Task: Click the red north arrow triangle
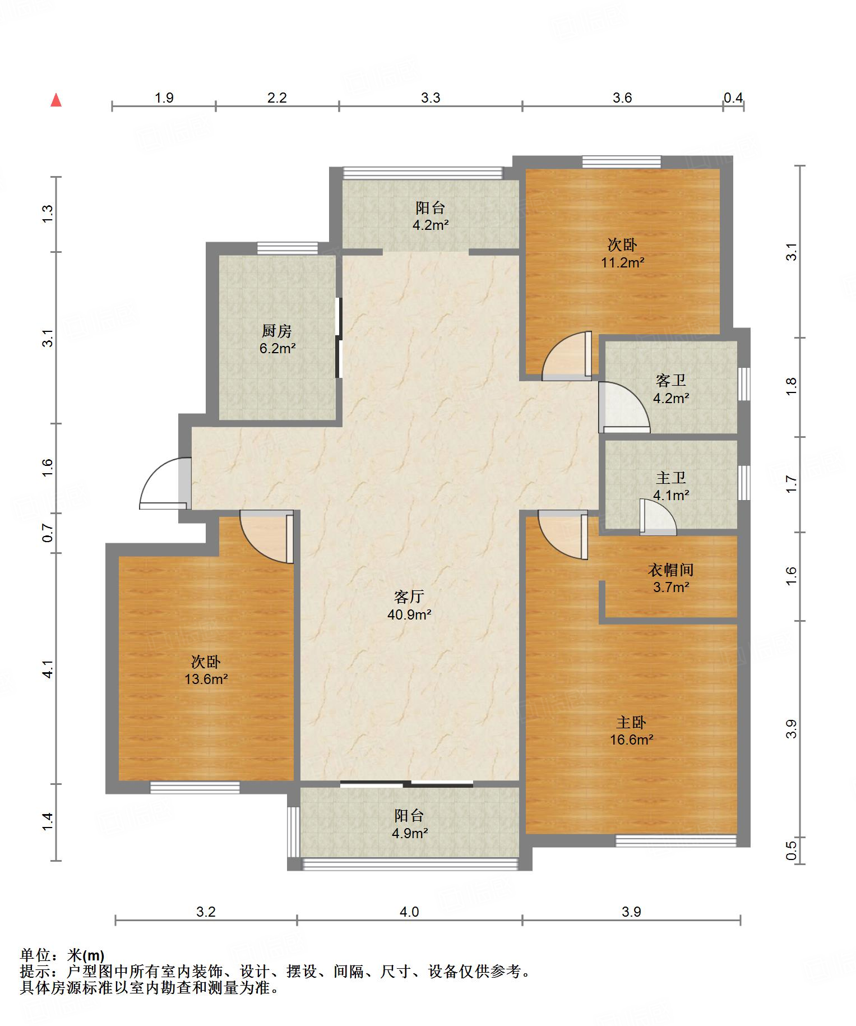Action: (x=56, y=100)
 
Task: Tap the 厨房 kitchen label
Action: (x=277, y=331)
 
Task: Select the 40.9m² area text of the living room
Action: (x=409, y=614)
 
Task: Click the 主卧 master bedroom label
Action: (x=631, y=722)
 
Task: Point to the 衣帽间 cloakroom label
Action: (x=671, y=570)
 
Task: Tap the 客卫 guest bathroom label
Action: (x=671, y=381)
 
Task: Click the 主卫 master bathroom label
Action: (x=671, y=478)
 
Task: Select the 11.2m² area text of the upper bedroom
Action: (x=623, y=262)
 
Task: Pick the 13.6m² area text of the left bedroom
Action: (x=206, y=679)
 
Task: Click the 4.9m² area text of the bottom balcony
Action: (x=410, y=833)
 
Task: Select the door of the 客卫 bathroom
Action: (x=624, y=407)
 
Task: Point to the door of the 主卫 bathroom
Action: (x=658, y=516)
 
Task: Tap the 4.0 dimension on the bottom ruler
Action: (x=409, y=912)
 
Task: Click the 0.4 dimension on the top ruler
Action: (x=733, y=98)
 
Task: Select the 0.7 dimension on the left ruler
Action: (x=48, y=533)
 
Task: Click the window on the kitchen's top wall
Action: (x=288, y=248)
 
